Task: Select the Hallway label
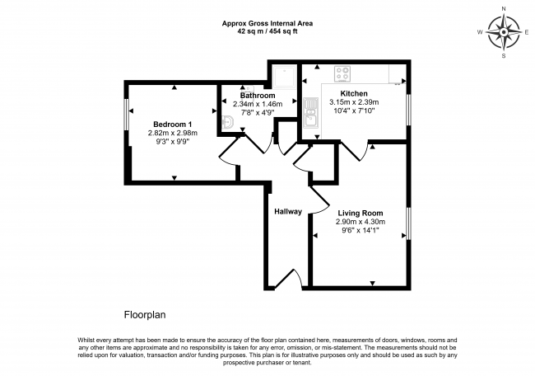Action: point(288,212)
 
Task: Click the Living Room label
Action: point(359,213)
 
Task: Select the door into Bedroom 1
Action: point(232,150)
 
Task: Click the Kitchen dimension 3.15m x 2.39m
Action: point(354,103)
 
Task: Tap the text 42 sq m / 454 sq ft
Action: point(267,32)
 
